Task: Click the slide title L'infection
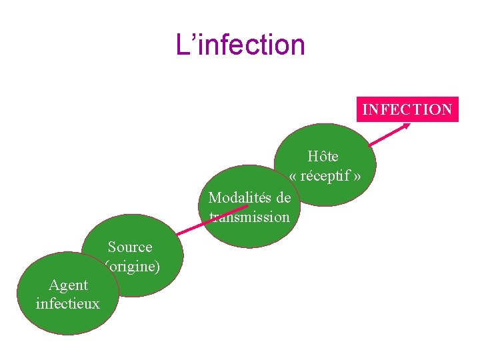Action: (x=240, y=45)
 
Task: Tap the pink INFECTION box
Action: (x=407, y=109)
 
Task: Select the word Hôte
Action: (x=323, y=157)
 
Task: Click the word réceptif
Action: (x=325, y=177)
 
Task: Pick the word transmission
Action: (x=249, y=217)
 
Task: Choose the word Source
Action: (x=130, y=247)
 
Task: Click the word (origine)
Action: (x=133, y=267)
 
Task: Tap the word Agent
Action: (x=68, y=285)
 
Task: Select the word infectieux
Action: (x=67, y=304)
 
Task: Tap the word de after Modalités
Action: (x=283, y=198)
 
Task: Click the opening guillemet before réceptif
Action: (x=294, y=177)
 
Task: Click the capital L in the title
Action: (x=181, y=45)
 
